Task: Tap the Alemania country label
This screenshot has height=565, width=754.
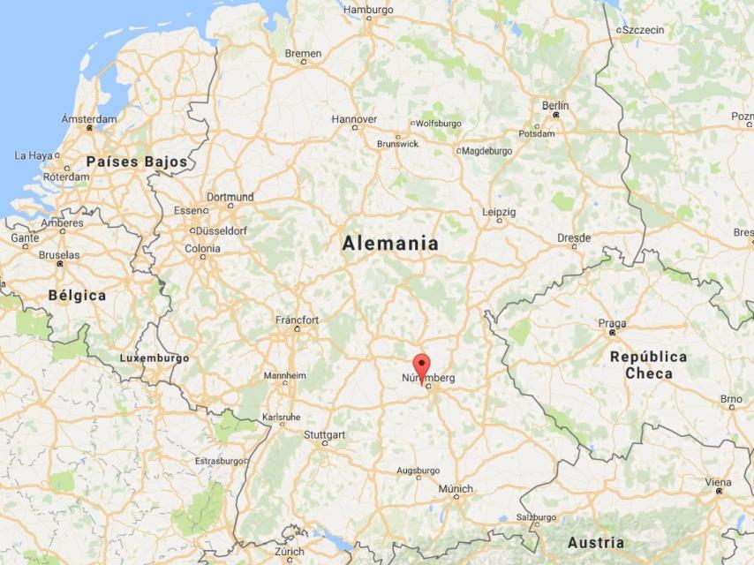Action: click(x=390, y=244)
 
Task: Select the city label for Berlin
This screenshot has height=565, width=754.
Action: click(x=555, y=106)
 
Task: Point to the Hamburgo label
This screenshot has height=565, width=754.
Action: click(x=367, y=11)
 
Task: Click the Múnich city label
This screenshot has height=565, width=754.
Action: click(x=456, y=489)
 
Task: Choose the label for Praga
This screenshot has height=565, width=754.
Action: click(x=612, y=323)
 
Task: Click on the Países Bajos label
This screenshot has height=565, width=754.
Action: click(x=137, y=162)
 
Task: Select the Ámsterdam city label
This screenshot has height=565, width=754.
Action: click(x=89, y=119)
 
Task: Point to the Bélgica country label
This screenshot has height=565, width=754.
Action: click(x=77, y=295)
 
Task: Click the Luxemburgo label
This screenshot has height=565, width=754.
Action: click(x=155, y=358)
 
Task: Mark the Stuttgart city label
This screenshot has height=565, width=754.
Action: click(x=324, y=435)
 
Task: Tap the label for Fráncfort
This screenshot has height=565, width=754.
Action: click(x=297, y=320)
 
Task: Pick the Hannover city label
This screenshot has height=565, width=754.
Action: click(x=354, y=119)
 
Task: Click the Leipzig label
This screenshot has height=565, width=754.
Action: click(x=499, y=212)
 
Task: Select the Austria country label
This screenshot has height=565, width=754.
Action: click(x=595, y=542)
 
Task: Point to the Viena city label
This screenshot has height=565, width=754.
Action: click(x=718, y=483)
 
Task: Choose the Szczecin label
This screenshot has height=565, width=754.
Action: click(x=643, y=30)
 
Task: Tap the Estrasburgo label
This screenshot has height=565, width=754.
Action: click(x=219, y=461)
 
